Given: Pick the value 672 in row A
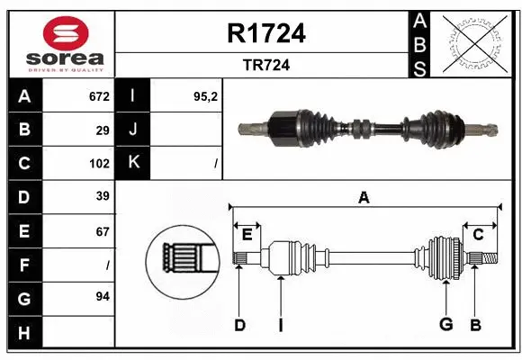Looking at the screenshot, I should (x=98, y=96).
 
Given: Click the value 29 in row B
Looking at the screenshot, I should (x=102, y=130).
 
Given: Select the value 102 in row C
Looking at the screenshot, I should (x=98, y=164).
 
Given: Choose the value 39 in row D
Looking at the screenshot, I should (x=102, y=197).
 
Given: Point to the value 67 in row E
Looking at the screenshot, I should (x=102, y=231).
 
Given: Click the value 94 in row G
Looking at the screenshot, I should (x=102, y=296).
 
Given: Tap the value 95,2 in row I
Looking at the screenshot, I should (x=206, y=96).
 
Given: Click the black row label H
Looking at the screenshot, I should (x=24, y=333).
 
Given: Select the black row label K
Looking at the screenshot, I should (x=134, y=164).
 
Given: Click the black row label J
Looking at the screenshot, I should (x=134, y=130).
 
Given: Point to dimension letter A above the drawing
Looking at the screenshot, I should (x=364, y=198).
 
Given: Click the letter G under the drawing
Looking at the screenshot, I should (x=445, y=325).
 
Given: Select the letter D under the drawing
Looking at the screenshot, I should (x=239, y=325).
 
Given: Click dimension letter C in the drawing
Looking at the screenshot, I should (x=479, y=234).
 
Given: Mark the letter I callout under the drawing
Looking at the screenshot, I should (x=281, y=325).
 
